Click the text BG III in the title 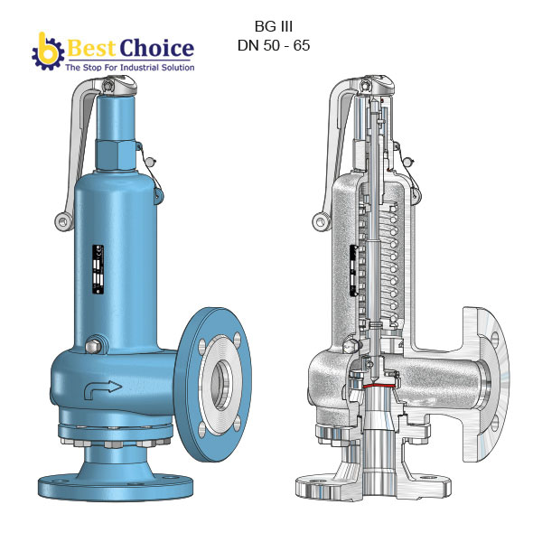coord(274,26)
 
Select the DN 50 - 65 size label coord(274,45)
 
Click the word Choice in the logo coord(158,48)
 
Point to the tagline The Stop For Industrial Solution coord(128,67)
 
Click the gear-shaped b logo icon coord(46,51)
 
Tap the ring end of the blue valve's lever coord(61,220)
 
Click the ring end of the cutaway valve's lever coord(320,220)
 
